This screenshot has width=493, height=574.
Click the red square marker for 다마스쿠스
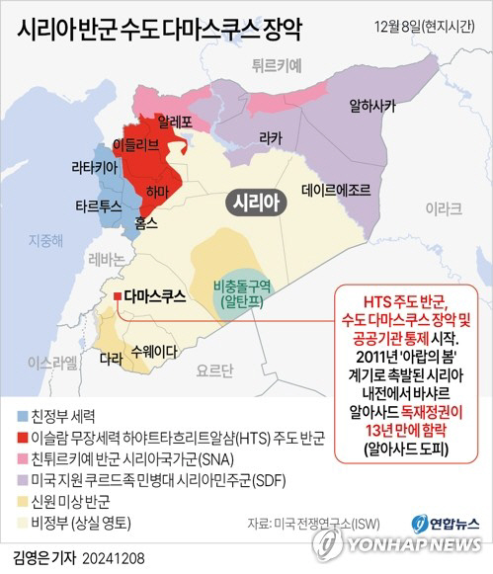click(x=118, y=295)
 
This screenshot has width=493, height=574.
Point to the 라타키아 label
click(x=96, y=169)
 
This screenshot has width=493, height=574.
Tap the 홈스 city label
click(x=146, y=223)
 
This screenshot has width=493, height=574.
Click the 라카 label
click(x=270, y=139)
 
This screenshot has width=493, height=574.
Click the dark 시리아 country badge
click(x=255, y=203)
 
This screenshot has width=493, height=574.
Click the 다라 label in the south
click(x=113, y=362)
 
